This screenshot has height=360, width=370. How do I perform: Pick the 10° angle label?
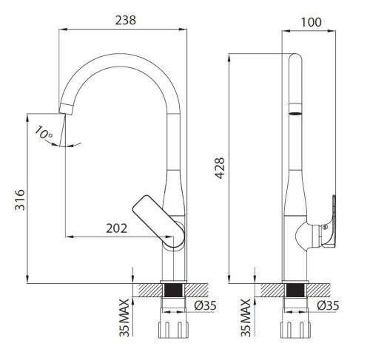pyautogui.click(x=43, y=134)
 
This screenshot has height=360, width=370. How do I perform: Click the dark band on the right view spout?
pyautogui.click(x=295, y=113)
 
